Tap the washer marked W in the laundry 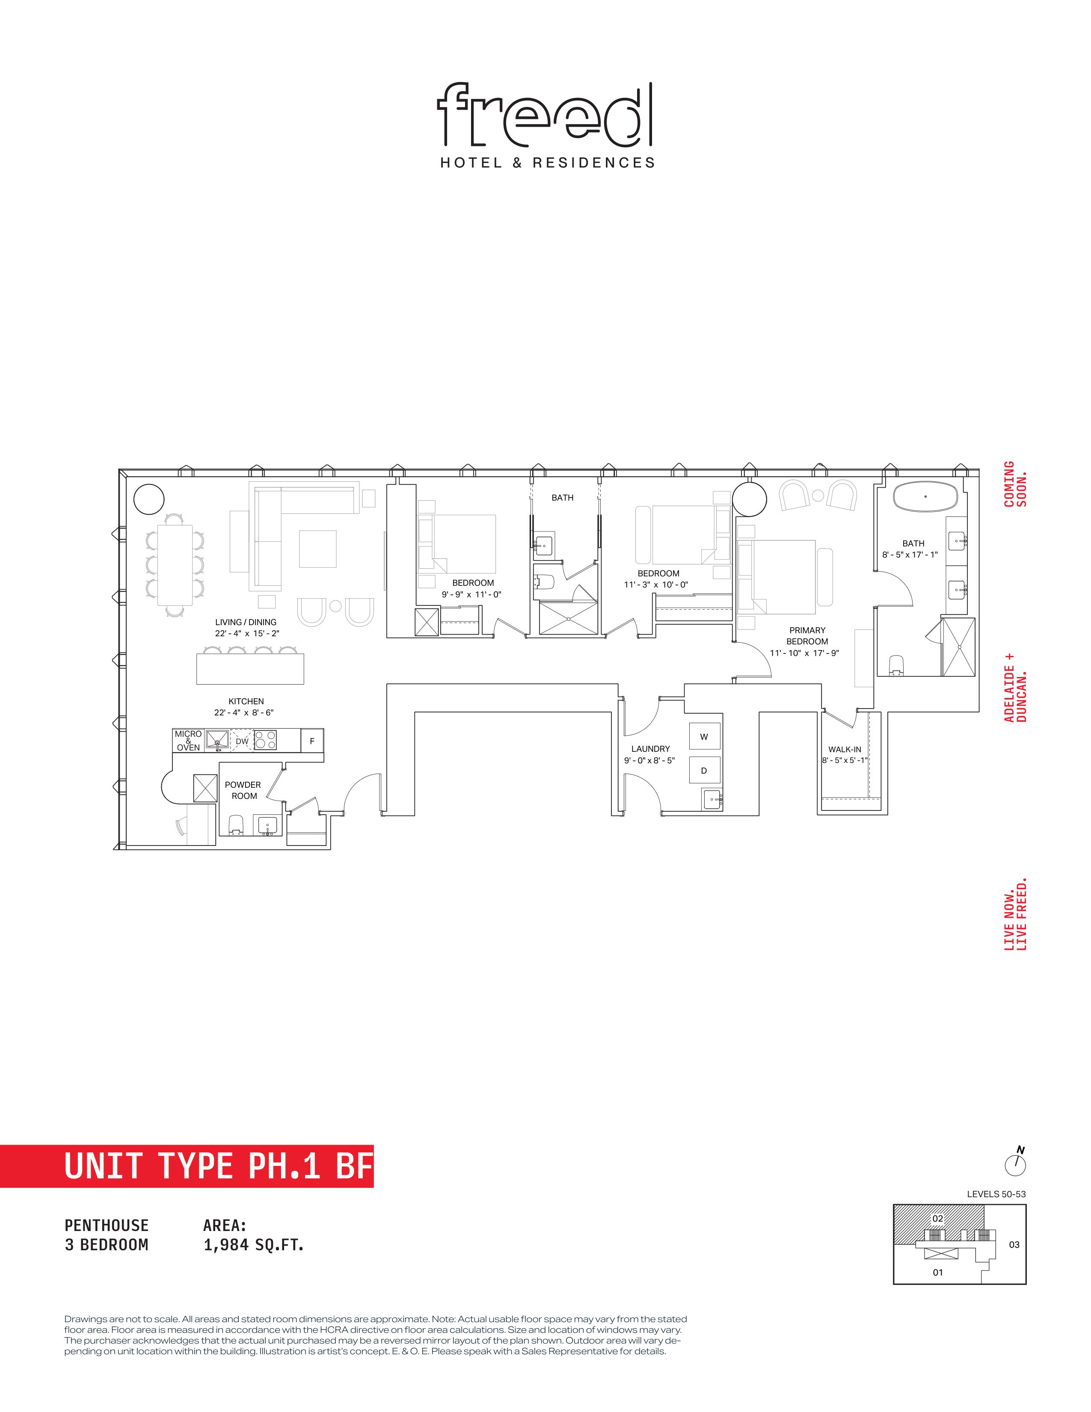704,736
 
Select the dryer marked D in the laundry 704,770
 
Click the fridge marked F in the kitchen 312,741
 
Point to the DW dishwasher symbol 242,741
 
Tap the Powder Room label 243,790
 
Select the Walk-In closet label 845,749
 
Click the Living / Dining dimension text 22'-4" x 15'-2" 247,634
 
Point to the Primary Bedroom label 807,635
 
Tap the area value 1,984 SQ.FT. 253,1245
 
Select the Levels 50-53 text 996,1194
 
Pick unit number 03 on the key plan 1014,1245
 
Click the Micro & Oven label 188,741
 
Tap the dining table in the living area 175,565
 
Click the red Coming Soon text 1015,484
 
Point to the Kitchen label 246,701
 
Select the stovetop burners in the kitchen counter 265,740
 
